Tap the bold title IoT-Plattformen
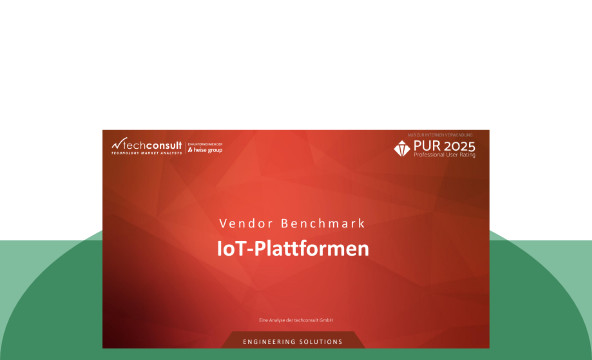click(294, 247)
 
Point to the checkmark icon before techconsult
click(116, 144)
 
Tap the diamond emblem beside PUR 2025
click(402, 148)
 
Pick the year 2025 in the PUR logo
click(460, 146)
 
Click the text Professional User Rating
click(445, 156)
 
